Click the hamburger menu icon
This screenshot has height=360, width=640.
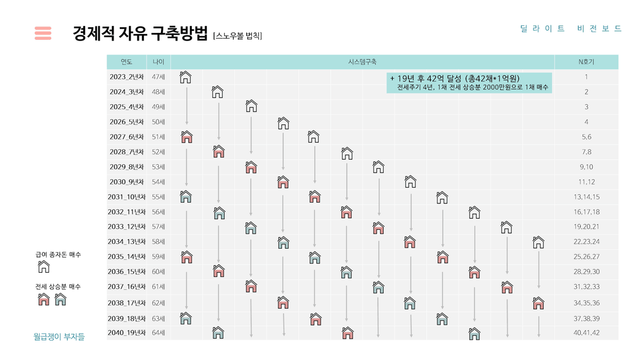pyautogui.click(x=43, y=33)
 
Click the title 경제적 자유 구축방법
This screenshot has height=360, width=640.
pyautogui.click(x=140, y=33)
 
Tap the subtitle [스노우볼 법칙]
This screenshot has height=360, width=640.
pyautogui.click(x=237, y=36)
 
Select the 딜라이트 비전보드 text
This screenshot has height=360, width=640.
pyautogui.click(x=571, y=28)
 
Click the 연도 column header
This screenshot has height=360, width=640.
pyautogui.click(x=126, y=62)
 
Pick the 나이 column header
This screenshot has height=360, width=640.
pyautogui.click(x=158, y=62)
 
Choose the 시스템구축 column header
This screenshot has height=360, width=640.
pyautogui.click(x=362, y=62)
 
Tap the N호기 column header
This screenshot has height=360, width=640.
pyautogui.click(x=586, y=62)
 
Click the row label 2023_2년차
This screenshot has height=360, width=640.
pyautogui.click(x=126, y=77)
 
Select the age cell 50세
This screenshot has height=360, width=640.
pyautogui.click(x=158, y=122)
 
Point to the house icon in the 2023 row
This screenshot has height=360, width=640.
pyautogui.click(x=186, y=77)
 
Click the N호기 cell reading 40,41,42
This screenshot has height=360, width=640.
pyautogui.click(x=586, y=333)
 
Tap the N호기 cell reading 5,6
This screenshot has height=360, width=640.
pyautogui.click(x=586, y=136)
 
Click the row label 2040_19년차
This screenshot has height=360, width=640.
pyautogui.click(x=126, y=333)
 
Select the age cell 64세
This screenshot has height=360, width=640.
pyautogui.click(x=158, y=333)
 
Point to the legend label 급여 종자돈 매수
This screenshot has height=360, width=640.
pyautogui.click(x=58, y=255)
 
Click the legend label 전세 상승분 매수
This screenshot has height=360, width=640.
pyautogui.click(x=58, y=287)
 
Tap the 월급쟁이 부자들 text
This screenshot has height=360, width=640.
pyautogui.click(x=59, y=337)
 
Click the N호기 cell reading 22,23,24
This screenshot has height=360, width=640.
pyautogui.click(x=586, y=241)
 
